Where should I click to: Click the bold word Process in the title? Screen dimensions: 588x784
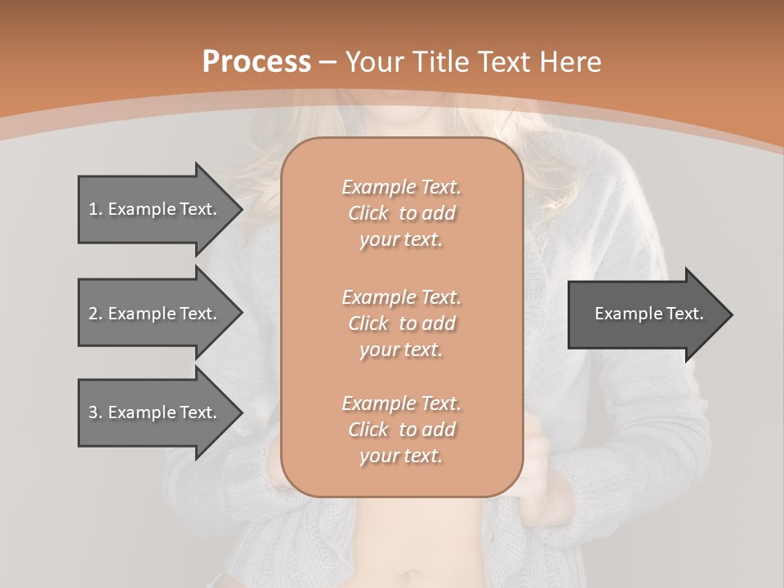click(256, 62)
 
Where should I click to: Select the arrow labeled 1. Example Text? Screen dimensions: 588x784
click(155, 209)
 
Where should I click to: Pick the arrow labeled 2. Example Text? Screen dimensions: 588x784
click(155, 314)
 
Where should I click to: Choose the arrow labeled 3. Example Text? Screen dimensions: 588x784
click(155, 412)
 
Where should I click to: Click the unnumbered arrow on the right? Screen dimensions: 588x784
click(645, 314)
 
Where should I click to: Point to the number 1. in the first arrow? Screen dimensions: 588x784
click(95, 209)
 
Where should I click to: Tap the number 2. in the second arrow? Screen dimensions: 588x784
click(95, 314)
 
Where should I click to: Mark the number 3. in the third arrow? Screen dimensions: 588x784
click(95, 412)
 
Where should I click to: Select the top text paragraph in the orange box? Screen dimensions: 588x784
click(402, 213)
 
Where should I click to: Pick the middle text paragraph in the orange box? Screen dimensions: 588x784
click(402, 323)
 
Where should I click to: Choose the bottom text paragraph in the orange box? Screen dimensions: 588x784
click(402, 430)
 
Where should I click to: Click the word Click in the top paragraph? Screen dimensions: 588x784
click(367, 213)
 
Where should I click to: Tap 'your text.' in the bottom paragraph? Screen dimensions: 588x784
click(401, 456)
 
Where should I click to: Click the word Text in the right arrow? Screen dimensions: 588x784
click(685, 314)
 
